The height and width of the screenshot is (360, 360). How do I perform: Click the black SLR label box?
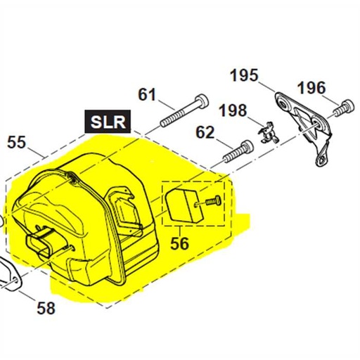(107, 121)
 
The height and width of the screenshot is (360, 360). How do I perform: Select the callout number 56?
(180, 243)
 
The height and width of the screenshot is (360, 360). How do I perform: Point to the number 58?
(45, 307)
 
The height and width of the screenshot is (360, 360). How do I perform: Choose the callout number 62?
(205, 131)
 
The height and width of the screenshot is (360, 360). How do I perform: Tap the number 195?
(244, 75)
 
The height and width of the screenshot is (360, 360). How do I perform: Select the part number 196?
(311, 88)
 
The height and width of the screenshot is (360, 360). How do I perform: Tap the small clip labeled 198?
(266, 133)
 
